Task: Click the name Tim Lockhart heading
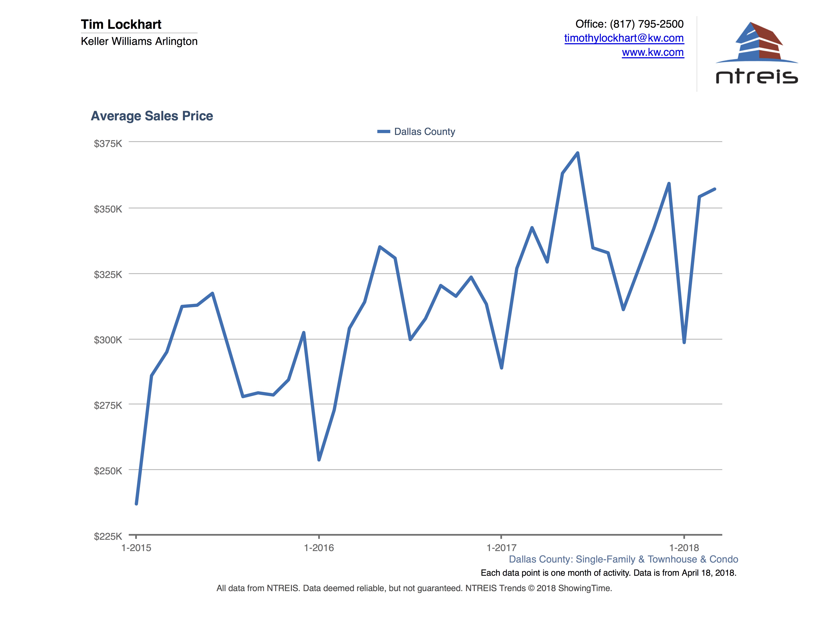121,24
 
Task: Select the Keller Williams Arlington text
139,41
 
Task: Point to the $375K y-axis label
108,144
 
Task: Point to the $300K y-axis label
108,340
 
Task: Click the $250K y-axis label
108,471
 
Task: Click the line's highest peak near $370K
578,153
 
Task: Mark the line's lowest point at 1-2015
136,503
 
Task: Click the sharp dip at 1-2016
319,460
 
